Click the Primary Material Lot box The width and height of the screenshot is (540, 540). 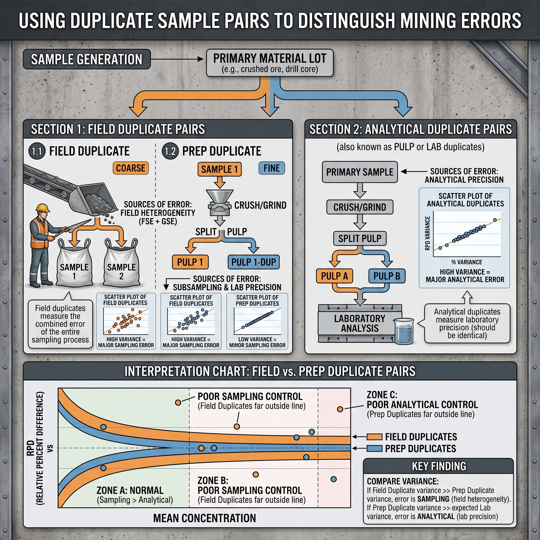[270, 63]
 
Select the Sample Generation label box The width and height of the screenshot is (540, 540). [87, 59]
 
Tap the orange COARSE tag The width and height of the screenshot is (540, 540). [131, 168]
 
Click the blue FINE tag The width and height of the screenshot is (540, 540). [272, 168]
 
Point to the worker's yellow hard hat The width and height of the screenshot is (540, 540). [43, 208]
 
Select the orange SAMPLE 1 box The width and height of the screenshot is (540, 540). [220, 169]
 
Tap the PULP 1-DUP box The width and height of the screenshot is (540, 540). [253, 262]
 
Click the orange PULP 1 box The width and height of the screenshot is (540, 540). [190, 262]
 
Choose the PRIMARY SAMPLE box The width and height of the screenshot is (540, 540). [360, 172]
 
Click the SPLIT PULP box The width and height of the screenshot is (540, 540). [360, 238]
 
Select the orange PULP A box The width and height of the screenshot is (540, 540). [334, 276]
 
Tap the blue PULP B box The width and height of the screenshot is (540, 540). [387, 276]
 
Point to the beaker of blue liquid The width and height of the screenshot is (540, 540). [404, 331]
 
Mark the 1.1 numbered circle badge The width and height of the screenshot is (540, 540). [37, 152]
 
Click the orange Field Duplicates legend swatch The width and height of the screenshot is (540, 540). [374, 437]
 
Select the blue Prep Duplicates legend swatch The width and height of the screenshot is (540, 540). [374, 449]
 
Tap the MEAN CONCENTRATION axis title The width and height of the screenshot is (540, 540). [205, 518]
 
